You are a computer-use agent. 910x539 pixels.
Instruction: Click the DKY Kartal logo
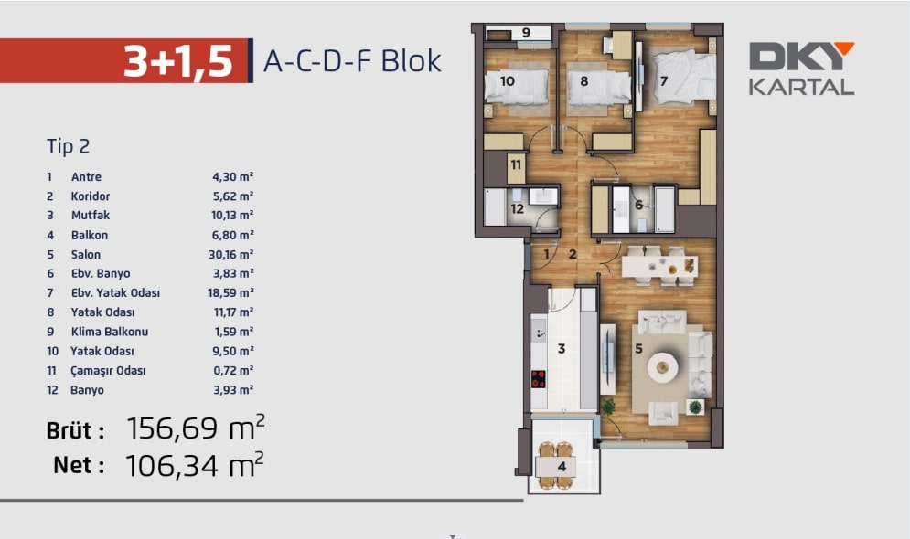point(801,69)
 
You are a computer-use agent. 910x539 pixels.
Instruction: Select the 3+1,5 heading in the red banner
point(177,61)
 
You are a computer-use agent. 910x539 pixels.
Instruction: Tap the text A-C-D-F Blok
point(352,61)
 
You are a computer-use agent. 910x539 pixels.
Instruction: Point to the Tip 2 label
point(68,147)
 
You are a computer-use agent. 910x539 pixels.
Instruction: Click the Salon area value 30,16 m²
point(231,255)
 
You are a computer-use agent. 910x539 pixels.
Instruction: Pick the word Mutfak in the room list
point(91,215)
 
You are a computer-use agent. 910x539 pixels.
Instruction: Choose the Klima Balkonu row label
point(109,332)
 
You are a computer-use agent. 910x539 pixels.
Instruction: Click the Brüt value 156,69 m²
point(196,428)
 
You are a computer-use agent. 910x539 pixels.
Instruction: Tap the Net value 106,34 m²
point(195,465)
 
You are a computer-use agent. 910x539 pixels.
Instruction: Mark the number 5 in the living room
point(638,349)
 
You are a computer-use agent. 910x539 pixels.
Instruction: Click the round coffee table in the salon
point(663,367)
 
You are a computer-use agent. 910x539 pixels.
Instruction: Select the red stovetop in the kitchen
point(539,379)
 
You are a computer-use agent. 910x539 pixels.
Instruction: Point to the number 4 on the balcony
point(562,466)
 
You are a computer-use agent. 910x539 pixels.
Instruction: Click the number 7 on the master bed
point(664,80)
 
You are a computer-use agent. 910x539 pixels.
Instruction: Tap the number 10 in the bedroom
point(508,81)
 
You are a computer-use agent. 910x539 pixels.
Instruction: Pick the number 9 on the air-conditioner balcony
point(526,33)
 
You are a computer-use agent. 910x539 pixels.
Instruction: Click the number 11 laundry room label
point(516,165)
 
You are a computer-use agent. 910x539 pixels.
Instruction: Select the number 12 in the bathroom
point(517,208)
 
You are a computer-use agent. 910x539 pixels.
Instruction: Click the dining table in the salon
point(660,267)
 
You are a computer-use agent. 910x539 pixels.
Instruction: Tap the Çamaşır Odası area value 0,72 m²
point(233,370)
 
